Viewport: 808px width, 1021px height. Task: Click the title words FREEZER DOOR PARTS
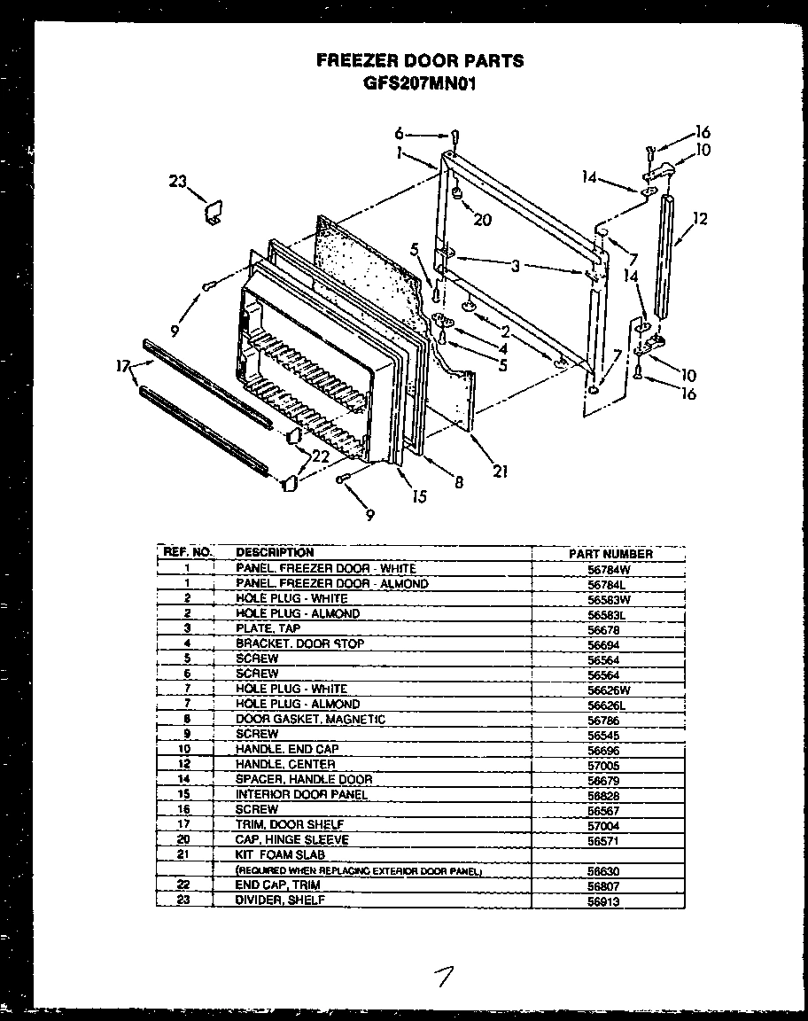click(420, 61)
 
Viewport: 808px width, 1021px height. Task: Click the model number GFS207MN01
click(420, 84)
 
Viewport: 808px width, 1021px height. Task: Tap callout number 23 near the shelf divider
click(177, 183)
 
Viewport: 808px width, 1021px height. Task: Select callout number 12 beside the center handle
click(700, 219)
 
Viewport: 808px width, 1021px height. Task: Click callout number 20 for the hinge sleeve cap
click(482, 220)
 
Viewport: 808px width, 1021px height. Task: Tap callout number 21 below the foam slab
click(500, 472)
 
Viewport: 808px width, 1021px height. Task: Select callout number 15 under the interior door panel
click(419, 495)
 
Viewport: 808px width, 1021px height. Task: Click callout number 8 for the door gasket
click(459, 483)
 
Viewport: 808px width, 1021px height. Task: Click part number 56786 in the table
click(602, 719)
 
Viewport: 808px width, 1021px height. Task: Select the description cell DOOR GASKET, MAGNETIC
click(310, 719)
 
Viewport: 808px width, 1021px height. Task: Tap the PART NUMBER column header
click(610, 553)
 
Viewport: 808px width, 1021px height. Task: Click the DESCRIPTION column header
click(275, 552)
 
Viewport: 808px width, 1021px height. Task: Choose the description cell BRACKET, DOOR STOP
click(299, 643)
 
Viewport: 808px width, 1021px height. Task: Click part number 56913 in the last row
click(602, 901)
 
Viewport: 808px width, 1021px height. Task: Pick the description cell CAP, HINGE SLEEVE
click(291, 839)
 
